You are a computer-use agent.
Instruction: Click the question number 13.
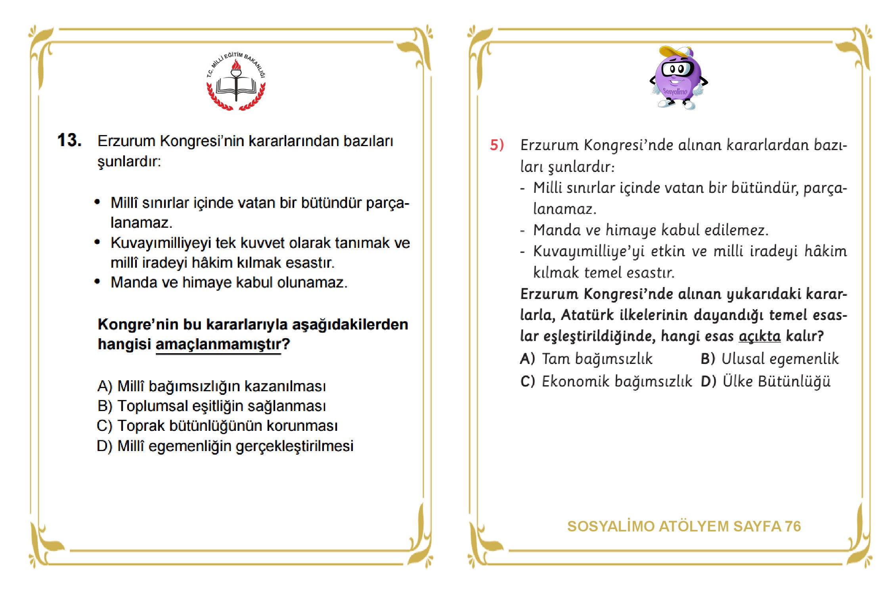(69, 140)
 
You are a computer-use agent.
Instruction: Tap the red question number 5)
(497, 145)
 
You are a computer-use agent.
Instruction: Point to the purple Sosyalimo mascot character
(678, 79)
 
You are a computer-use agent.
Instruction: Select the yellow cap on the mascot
(676, 52)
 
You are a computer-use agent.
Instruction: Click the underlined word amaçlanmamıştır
(218, 345)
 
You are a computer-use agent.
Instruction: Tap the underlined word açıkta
(759, 336)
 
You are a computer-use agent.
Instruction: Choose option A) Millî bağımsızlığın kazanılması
(211, 386)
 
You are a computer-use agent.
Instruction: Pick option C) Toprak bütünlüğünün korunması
(217, 426)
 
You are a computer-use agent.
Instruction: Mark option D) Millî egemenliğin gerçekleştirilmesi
(225, 446)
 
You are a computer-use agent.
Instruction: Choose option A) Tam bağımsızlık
(586, 359)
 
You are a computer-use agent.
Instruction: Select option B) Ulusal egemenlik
(769, 359)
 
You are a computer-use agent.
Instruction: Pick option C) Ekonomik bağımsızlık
(606, 381)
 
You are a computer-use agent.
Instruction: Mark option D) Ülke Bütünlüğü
(765, 381)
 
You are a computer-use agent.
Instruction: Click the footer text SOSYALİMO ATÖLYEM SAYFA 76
(684, 526)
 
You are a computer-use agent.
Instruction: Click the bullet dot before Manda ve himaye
(97, 282)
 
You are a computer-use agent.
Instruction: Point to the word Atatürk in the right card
(587, 315)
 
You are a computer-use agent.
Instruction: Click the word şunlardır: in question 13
(129, 162)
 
